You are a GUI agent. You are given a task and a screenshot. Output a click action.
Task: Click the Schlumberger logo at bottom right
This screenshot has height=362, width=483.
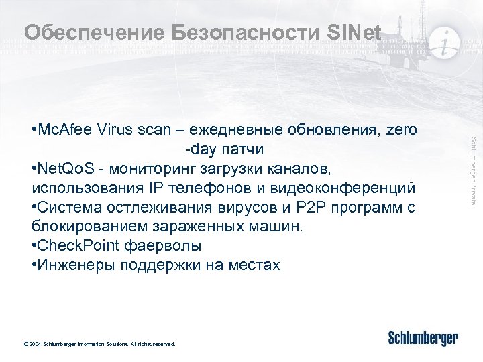click(423, 338)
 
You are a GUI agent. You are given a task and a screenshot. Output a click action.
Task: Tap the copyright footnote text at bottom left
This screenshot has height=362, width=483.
click(99, 344)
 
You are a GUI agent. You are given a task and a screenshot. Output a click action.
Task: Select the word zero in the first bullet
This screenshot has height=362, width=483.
click(400, 129)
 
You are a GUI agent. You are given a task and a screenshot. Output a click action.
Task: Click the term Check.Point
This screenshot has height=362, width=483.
click(74, 245)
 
